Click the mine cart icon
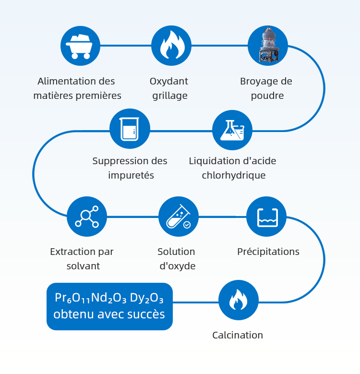coord(80,46)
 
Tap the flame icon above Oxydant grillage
coord(171,46)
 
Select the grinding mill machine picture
coord(268,46)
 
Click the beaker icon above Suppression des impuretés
coord(130,129)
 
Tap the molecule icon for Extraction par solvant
coord(87,217)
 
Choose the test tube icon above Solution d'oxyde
coord(179,217)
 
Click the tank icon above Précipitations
coord(266,217)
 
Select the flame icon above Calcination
coord(239,301)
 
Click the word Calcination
coord(238,335)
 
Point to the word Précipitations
coord(268,252)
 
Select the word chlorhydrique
coord(233,175)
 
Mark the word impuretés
coord(131,175)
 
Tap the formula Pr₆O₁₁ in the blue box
coord(72,299)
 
